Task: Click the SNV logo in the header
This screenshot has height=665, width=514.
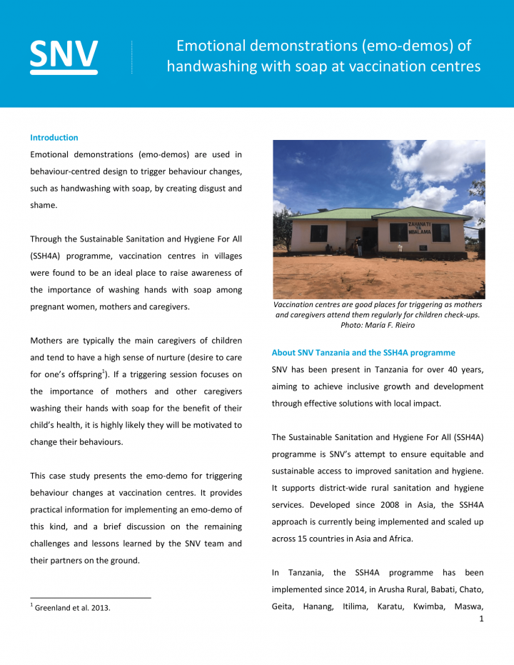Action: pyautogui.click(x=64, y=55)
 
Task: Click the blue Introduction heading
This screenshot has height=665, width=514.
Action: pyautogui.click(x=54, y=138)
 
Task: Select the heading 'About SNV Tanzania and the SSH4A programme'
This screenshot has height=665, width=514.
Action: pyautogui.click(x=363, y=353)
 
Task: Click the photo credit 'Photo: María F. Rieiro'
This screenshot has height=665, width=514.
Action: pyautogui.click(x=378, y=325)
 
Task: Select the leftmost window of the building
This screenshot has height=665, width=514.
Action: pyautogui.click(x=318, y=234)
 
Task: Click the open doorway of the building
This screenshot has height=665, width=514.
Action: pyautogui.click(x=369, y=239)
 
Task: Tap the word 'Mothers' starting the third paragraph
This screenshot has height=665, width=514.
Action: pyautogui.click(x=46, y=340)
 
